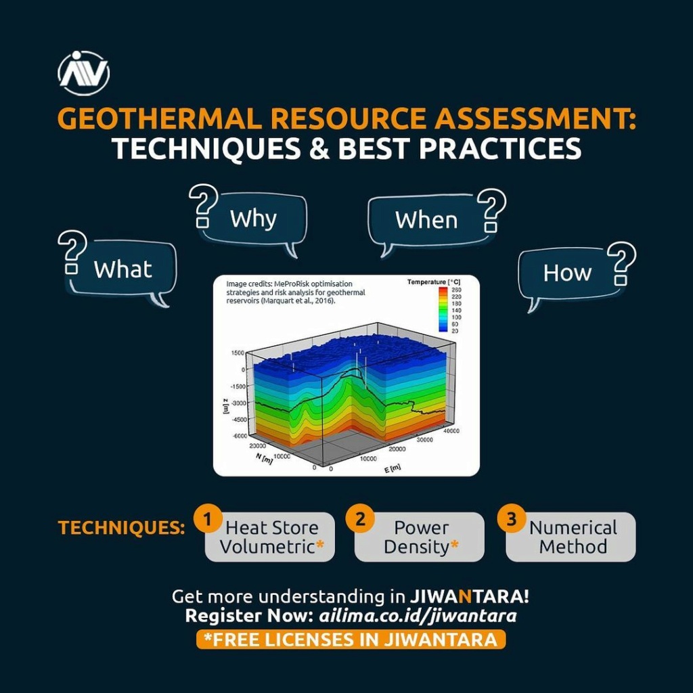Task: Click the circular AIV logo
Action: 83,73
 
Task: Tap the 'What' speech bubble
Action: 122,271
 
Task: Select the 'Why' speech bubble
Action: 253,220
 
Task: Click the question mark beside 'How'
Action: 621,263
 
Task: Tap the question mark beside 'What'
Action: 72,252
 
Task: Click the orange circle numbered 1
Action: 208,518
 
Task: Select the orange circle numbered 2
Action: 360,518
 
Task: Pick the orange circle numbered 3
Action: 512,518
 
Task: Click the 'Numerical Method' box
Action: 571,537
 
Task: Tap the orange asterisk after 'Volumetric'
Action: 320,544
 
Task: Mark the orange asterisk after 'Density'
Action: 454,544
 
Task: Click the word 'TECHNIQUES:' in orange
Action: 122,528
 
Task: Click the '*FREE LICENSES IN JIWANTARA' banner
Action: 351,640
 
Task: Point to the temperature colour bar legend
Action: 443,309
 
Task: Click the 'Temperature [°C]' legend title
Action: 434,282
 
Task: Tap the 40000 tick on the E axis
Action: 451,431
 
